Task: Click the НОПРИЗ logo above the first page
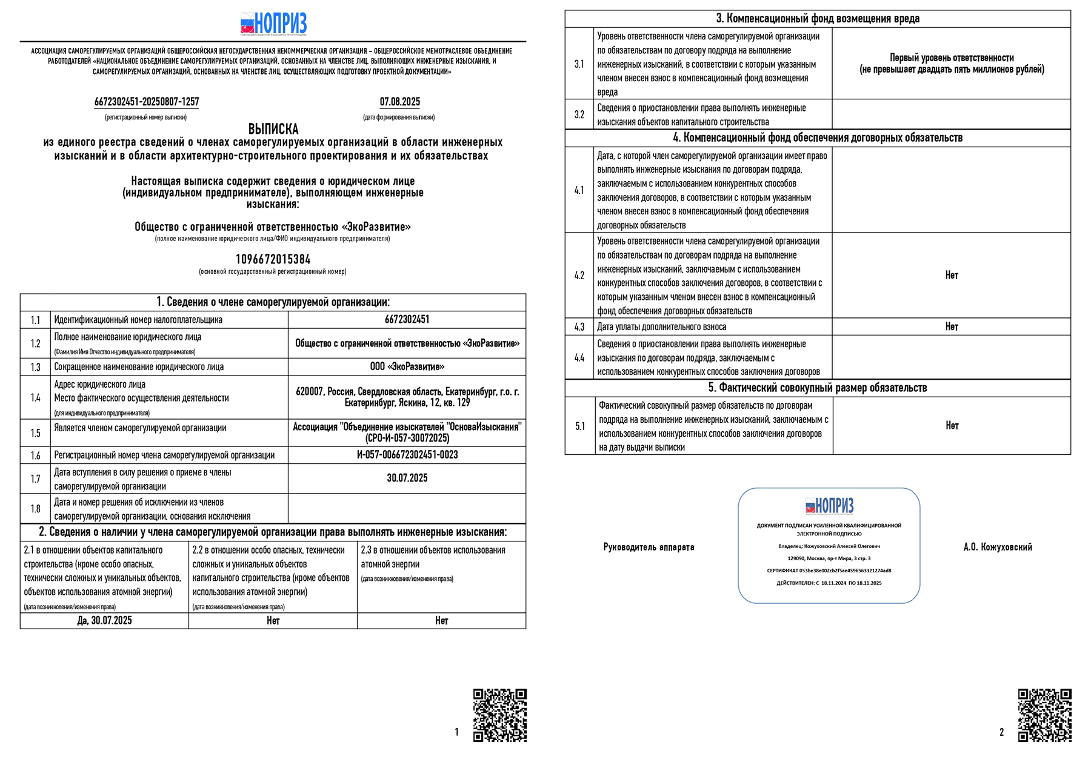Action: coord(273,24)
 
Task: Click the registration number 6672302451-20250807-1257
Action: coord(147,102)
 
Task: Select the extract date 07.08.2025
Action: coord(399,102)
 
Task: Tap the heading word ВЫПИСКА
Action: coord(273,129)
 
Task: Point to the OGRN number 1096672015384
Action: coord(273,259)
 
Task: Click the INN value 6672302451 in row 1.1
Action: coord(407,319)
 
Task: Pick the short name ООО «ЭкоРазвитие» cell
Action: coord(407,366)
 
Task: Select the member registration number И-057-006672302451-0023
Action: coord(407,455)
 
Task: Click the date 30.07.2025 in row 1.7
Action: coord(407,478)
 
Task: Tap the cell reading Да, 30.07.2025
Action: coord(104,620)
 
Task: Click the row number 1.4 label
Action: coord(35,397)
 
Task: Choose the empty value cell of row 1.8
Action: coord(407,509)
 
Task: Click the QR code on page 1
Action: coord(499,715)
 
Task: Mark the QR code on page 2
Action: coord(1044,715)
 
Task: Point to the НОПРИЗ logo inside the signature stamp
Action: coord(829,505)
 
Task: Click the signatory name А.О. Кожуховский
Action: coord(998,547)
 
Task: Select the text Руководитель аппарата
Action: coord(649,547)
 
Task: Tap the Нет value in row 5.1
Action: coord(952,425)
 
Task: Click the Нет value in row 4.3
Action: coord(952,326)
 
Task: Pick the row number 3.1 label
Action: coord(579,64)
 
